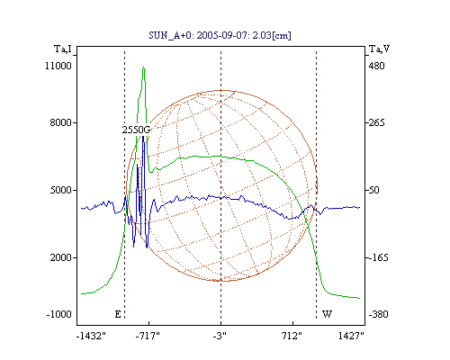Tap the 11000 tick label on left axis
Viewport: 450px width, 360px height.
click(58, 66)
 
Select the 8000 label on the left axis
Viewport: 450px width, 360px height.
click(61, 122)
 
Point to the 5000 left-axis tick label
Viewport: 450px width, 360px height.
click(61, 190)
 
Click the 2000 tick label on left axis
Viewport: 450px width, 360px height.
click(61, 257)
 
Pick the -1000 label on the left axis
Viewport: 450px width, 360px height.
click(58, 314)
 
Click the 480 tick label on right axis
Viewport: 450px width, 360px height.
click(376, 66)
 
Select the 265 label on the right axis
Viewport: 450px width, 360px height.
click(376, 122)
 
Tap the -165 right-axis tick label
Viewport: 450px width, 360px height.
click(378, 257)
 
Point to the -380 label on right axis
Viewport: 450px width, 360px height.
click(378, 314)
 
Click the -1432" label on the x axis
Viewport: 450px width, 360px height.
click(91, 336)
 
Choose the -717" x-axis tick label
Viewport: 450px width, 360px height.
click(148, 336)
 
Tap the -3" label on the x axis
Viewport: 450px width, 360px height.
click(220, 336)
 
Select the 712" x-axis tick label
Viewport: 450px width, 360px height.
click(292, 336)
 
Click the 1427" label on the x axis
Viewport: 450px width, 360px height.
click(351, 336)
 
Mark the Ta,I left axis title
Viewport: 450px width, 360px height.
click(63, 49)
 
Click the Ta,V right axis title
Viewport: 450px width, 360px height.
click(379, 49)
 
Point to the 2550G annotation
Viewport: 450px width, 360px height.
click(136, 130)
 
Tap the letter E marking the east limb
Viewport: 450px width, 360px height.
click(118, 314)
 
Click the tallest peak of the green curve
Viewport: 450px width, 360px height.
click(144, 67)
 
